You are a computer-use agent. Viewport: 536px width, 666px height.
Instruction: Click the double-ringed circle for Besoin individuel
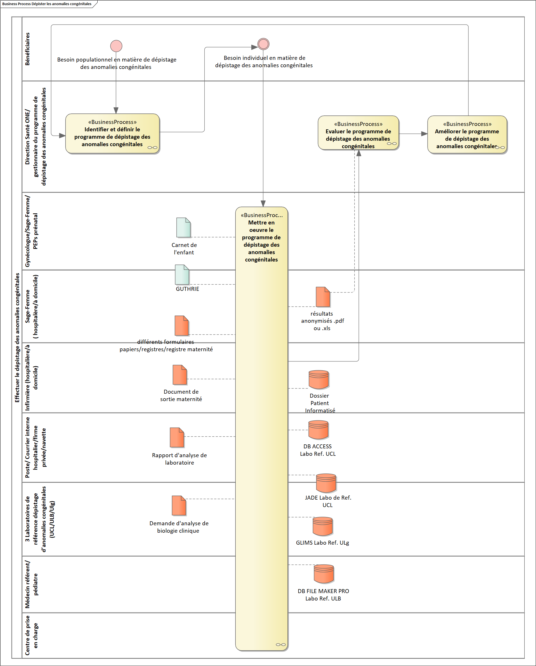(263, 44)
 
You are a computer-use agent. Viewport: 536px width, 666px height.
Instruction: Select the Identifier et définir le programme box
(112, 133)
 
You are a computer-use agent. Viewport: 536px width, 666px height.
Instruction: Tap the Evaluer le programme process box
(358, 133)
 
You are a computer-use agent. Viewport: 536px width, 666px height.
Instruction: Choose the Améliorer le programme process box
(467, 134)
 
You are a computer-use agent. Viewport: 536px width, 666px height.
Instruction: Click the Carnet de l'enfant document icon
(183, 227)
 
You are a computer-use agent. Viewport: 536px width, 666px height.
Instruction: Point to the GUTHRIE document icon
(182, 274)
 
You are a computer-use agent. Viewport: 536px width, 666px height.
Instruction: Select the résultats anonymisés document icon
(323, 297)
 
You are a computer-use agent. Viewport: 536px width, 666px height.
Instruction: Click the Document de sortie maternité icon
(180, 375)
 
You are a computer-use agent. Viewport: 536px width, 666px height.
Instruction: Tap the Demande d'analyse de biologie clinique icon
(179, 505)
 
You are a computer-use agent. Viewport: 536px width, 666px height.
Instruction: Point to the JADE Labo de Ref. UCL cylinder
(326, 483)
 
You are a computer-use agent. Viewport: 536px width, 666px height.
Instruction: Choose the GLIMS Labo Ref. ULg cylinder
(322, 526)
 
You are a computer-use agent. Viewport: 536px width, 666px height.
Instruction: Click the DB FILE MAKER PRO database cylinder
(324, 574)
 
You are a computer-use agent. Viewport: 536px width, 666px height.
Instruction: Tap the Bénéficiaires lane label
(28, 49)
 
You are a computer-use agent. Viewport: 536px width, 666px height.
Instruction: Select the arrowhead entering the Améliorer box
(424, 134)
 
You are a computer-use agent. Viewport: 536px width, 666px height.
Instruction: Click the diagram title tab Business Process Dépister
(47, 4)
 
